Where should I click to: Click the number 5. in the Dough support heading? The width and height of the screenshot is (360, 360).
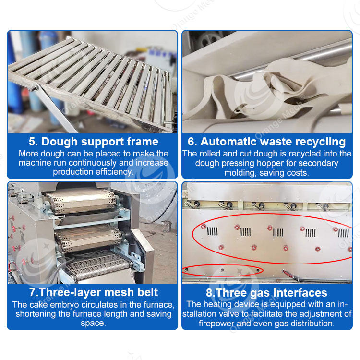tap(33, 142)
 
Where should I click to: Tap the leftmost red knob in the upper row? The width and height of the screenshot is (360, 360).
tap(203, 227)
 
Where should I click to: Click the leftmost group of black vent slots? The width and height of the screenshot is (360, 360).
tap(212, 231)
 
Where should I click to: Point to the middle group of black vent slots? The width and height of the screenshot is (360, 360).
tap(278, 233)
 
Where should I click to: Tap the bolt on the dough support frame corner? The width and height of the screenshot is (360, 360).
tap(35, 88)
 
